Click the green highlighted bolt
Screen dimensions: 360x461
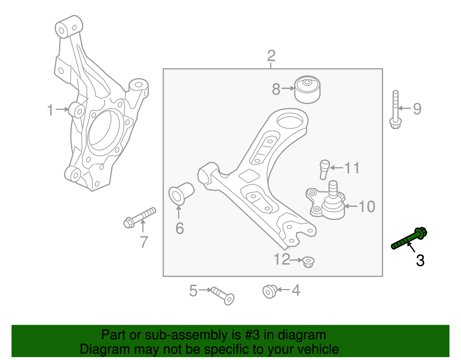click(409, 239)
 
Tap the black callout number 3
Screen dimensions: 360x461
click(420, 261)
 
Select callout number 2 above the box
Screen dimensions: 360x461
click(271, 56)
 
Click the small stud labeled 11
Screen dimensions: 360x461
click(324, 169)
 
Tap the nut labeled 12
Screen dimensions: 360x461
click(308, 261)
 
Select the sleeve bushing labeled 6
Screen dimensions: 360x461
click(181, 194)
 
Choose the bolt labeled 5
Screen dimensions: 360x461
click(223, 295)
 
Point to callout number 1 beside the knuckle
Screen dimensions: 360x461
click(50, 110)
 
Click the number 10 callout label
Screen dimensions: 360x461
click(367, 207)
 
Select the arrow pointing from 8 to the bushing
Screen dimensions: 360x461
click(288, 88)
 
